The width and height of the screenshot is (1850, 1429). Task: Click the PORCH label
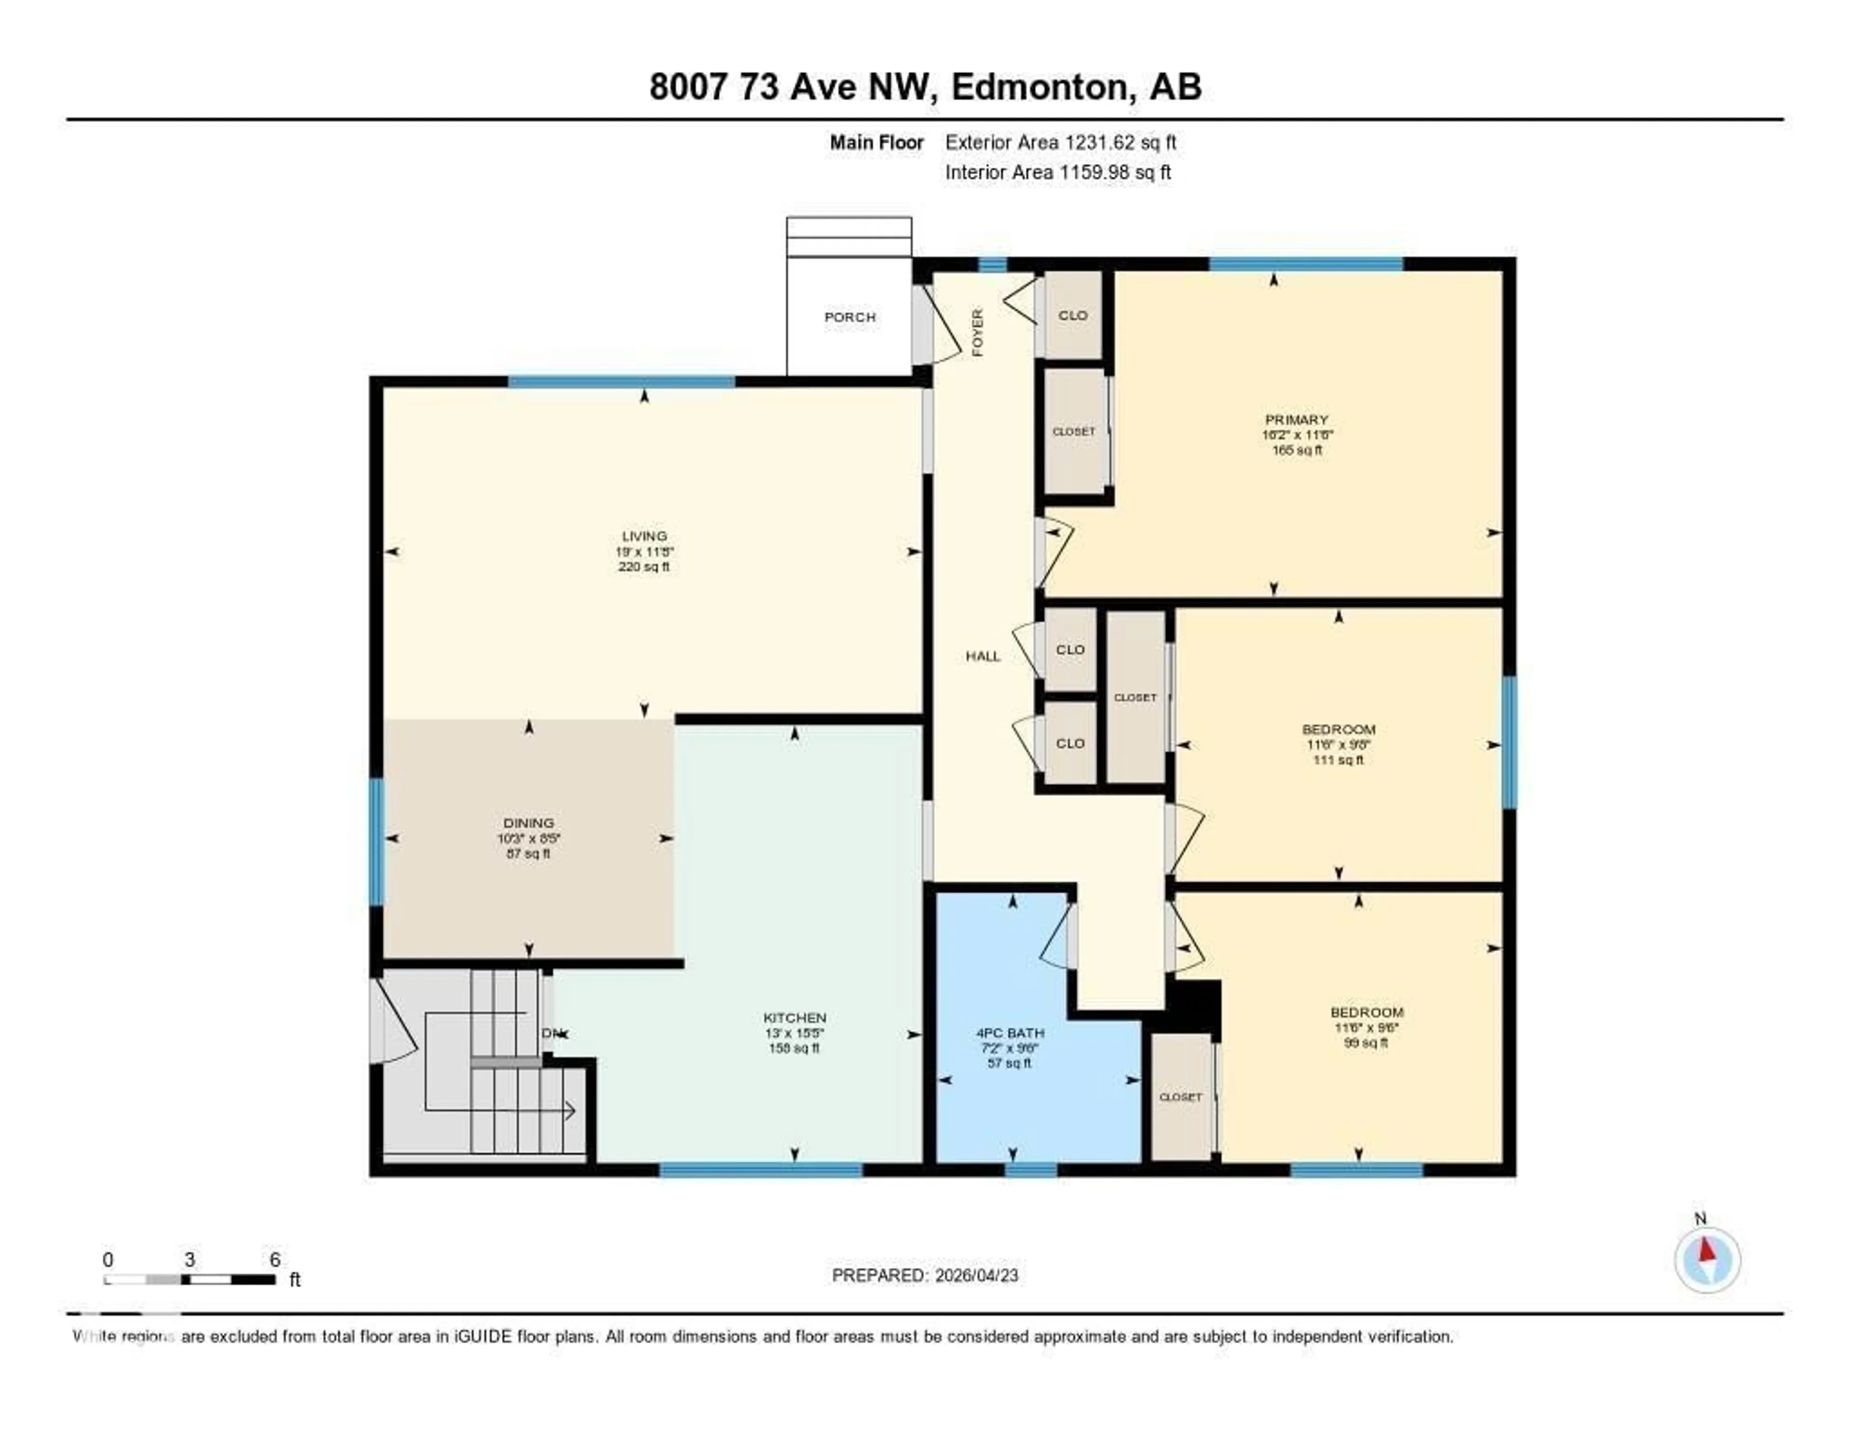850,317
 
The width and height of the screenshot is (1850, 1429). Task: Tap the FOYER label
978,332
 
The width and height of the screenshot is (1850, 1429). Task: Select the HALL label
983,656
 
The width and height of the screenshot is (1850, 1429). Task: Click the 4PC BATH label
1010,1032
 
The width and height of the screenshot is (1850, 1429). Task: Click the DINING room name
529,822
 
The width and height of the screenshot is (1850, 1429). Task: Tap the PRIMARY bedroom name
1296,419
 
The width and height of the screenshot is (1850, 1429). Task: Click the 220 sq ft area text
644,567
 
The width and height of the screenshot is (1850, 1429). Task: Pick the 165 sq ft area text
1296,450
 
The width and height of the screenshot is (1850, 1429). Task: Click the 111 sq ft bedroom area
1338,760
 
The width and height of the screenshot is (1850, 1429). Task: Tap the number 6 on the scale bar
275,1259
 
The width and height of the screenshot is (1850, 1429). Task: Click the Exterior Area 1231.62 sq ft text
1060,142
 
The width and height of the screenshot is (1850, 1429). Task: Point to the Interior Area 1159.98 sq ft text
1058,172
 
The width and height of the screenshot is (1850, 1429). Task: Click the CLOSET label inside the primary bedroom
1073,431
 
